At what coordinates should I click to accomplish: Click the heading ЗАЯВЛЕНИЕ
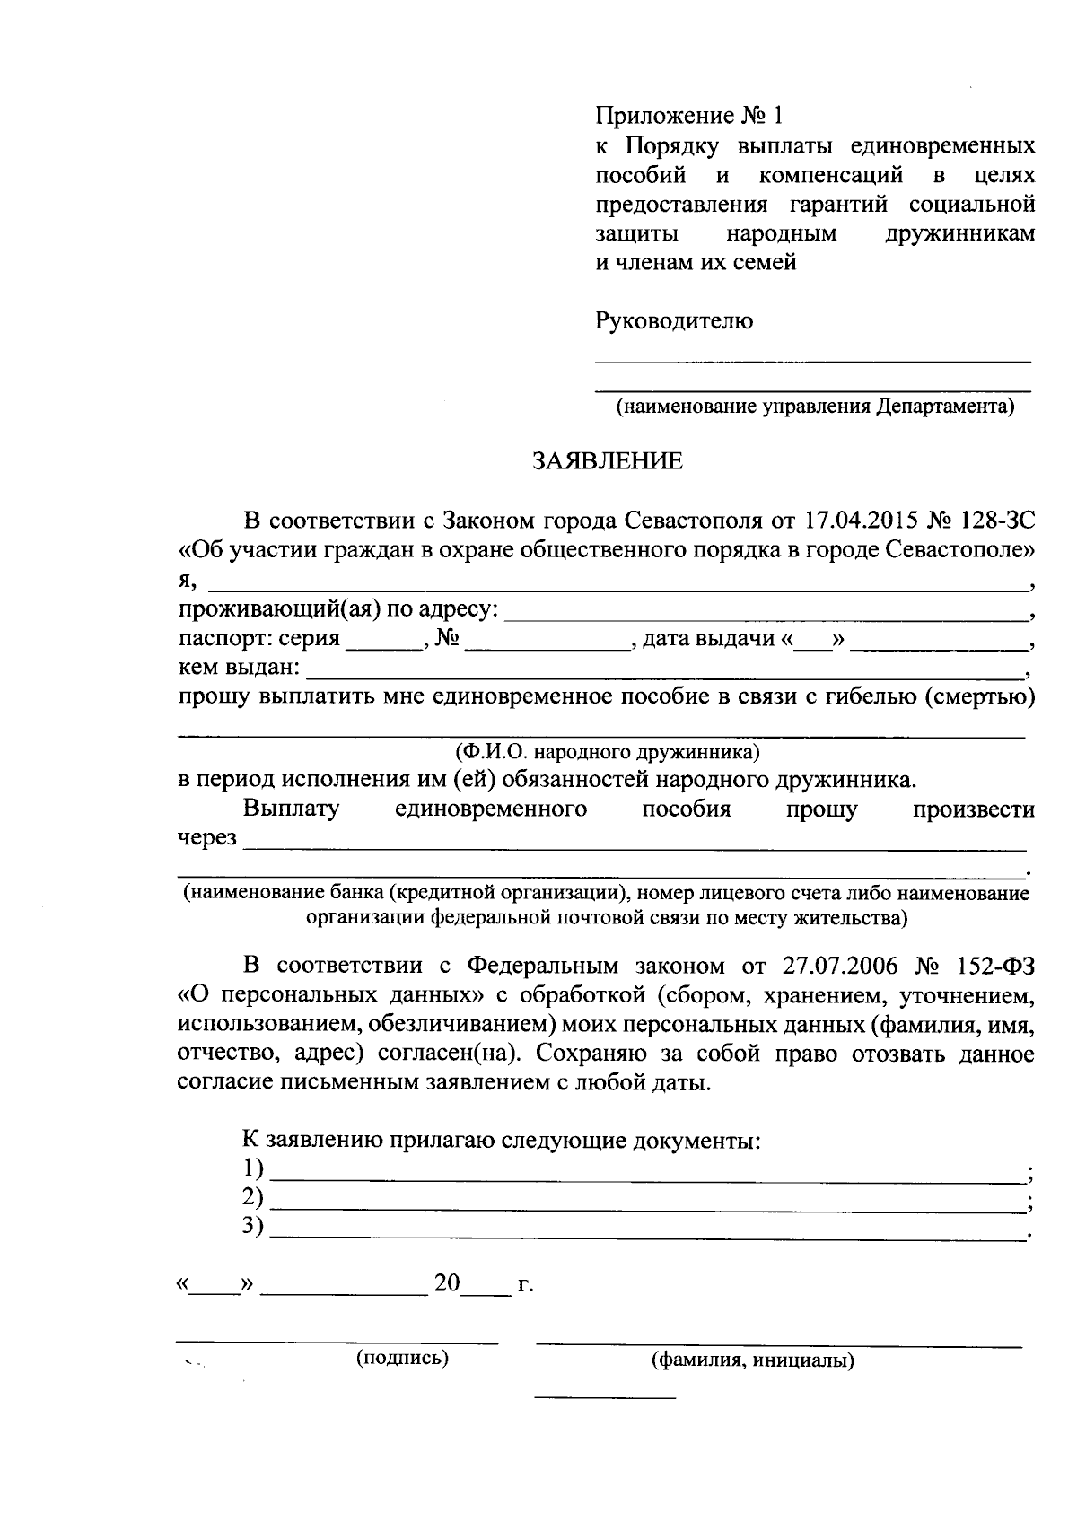click(x=608, y=461)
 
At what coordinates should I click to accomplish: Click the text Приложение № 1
click(x=689, y=117)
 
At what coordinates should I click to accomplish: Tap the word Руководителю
click(x=675, y=320)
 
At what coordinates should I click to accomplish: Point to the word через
click(x=207, y=838)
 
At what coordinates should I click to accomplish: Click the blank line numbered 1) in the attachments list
click(x=646, y=1172)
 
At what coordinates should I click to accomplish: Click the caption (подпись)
click(x=402, y=1358)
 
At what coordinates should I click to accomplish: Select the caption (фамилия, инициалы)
click(x=752, y=1360)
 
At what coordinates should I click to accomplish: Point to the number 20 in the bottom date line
click(x=446, y=1283)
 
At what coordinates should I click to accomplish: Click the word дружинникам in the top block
click(x=959, y=234)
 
